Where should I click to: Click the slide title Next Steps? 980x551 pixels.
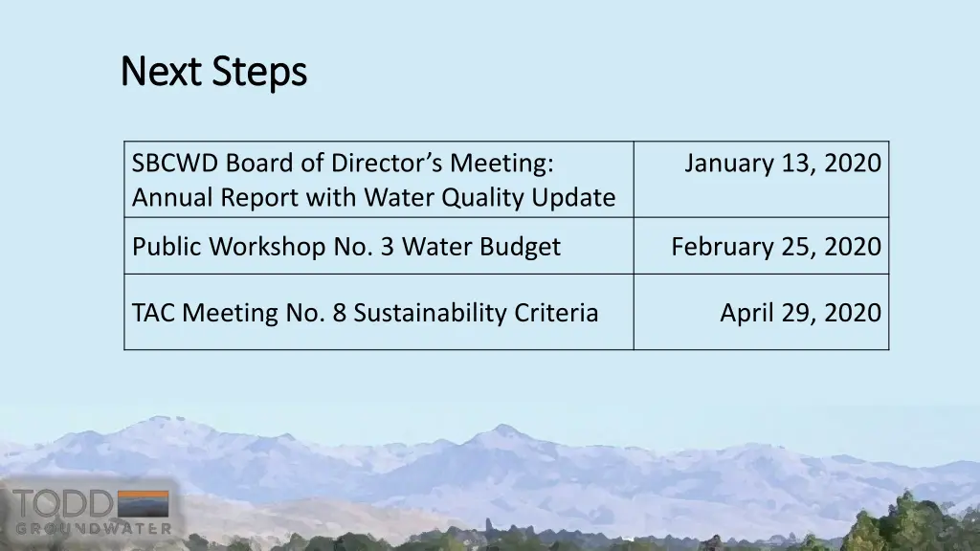pos(213,72)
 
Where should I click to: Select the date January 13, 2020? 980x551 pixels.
pos(782,164)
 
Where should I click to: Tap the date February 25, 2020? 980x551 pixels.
pos(775,247)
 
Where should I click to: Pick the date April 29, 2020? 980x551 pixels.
pos(800,313)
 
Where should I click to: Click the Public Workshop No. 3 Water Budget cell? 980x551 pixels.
pos(345,247)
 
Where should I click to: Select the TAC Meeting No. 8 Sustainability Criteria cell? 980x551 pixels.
pos(365,313)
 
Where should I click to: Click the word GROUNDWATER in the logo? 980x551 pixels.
pos(93,528)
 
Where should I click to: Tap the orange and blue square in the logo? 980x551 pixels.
pos(143,504)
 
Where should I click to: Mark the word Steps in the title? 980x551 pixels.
pos(259,72)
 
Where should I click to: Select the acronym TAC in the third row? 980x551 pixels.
pos(153,313)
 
